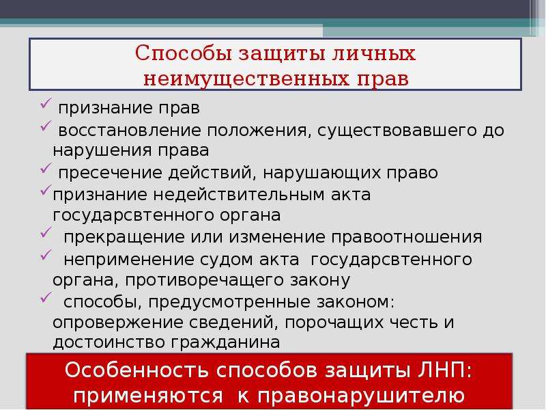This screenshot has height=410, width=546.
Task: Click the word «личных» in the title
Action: (373, 54)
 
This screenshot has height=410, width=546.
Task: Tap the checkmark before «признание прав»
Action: (46, 104)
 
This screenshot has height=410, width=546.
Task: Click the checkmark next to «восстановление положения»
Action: (46, 126)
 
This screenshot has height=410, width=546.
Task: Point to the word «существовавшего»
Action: (397, 131)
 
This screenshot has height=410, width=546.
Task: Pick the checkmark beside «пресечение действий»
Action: (46, 168)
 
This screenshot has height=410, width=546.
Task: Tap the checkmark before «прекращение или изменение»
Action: (46, 232)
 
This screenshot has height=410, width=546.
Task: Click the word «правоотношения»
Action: (407, 238)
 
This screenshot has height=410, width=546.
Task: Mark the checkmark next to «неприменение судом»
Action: (46, 255)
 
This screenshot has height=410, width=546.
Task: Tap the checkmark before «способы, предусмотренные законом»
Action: (46, 297)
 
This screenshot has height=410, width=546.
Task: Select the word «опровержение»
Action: (117, 323)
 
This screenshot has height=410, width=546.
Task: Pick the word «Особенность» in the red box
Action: (136, 370)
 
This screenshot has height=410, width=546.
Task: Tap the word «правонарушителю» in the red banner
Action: (362, 396)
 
